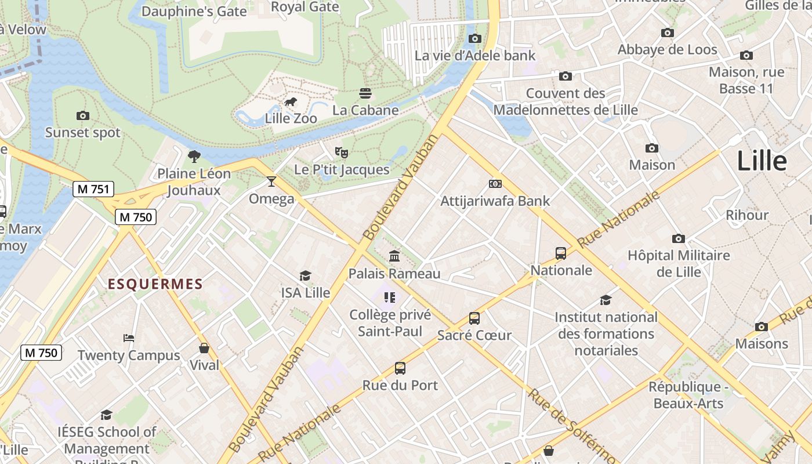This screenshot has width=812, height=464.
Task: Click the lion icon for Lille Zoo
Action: [x=291, y=103]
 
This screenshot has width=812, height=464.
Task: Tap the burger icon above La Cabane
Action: [x=365, y=93]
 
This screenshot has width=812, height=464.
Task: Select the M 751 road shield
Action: [x=93, y=189]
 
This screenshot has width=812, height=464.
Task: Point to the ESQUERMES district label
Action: [x=155, y=284]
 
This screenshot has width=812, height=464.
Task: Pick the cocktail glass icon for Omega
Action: [x=271, y=182]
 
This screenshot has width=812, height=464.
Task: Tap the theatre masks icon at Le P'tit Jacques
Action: [x=342, y=153]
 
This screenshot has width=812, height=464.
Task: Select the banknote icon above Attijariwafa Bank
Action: [x=495, y=184]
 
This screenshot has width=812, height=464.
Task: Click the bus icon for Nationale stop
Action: [x=561, y=253]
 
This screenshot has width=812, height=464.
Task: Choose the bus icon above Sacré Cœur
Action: [x=474, y=318]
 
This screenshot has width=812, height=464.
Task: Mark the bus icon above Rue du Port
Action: [x=400, y=368]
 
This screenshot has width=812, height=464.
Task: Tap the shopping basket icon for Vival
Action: [x=204, y=348]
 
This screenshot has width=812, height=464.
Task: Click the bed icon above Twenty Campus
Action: [x=129, y=338]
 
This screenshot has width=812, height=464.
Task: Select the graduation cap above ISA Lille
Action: [x=305, y=275]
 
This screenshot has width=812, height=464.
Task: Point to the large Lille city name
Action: [x=762, y=161]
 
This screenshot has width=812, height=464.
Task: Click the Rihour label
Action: [x=747, y=215]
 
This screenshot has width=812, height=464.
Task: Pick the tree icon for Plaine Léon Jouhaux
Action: [x=194, y=156]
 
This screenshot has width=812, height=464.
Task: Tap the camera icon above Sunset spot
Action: [x=83, y=115]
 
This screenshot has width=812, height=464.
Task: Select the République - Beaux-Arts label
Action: [x=688, y=395]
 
